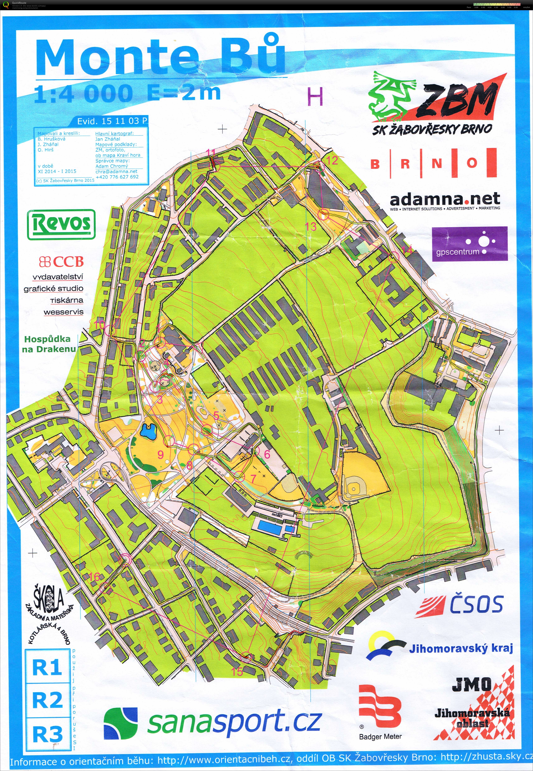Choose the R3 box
point(47,734)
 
